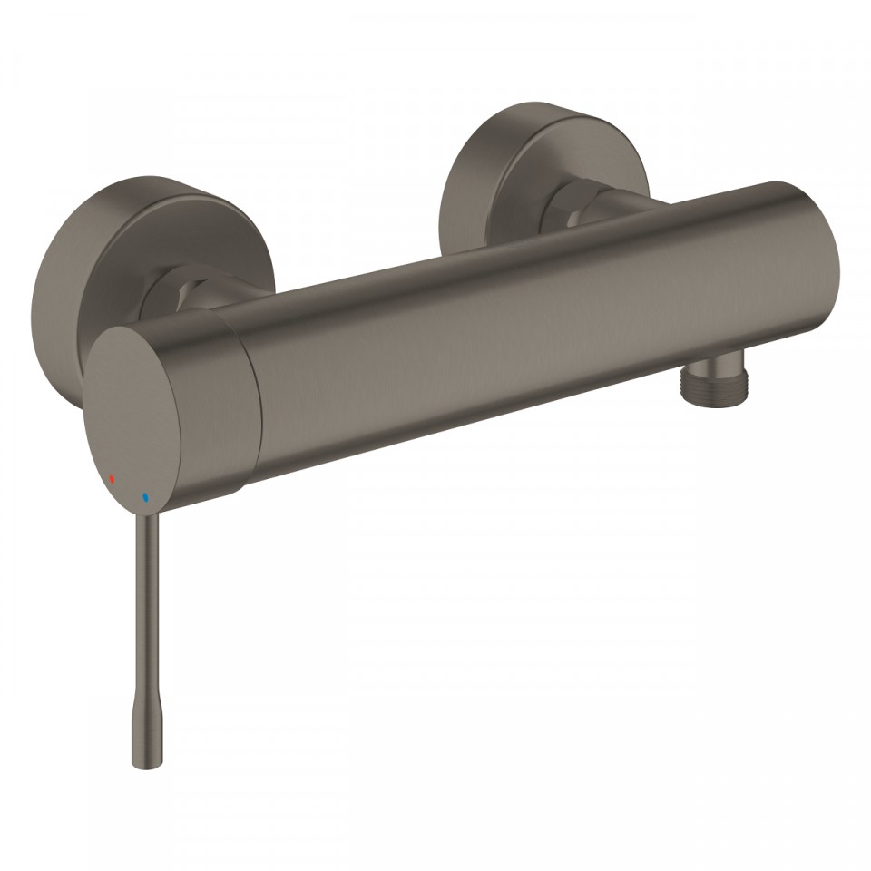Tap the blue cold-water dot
tap(143, 498)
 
